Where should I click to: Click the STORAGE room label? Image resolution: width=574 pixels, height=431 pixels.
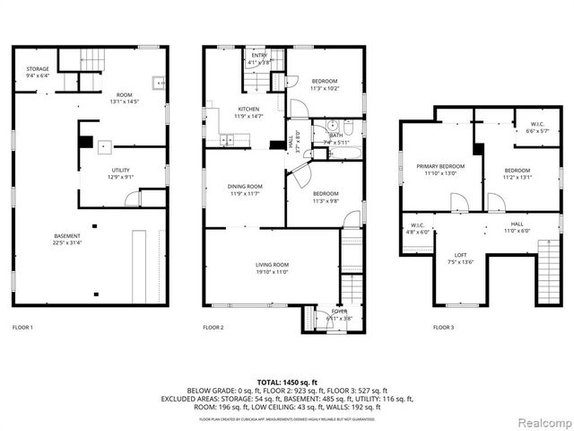point(38,69)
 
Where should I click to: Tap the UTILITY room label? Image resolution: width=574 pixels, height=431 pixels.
point(120,170)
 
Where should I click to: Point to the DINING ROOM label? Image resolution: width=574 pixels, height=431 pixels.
point(244,186)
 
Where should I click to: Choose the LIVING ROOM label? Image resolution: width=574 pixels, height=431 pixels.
point(271,264)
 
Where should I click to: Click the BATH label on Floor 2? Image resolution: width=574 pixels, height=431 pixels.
point(335,136)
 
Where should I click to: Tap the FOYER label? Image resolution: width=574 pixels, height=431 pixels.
point(339,312)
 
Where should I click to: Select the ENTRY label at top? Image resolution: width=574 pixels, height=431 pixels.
point(259,56)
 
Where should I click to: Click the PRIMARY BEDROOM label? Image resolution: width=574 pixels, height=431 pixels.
point(439,166)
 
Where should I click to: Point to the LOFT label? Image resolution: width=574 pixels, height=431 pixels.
point(460,254)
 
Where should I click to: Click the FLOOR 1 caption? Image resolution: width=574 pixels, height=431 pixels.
point(22,328)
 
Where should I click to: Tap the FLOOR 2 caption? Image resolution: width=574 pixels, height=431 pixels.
point(213,328)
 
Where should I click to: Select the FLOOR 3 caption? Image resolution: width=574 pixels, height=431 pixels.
point(443,328)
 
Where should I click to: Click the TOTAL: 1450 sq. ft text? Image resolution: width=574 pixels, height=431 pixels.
point(286,383)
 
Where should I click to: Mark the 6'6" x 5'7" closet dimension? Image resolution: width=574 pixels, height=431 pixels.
point(536,131)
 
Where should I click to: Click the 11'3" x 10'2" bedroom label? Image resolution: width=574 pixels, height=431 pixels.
point(325,88)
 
